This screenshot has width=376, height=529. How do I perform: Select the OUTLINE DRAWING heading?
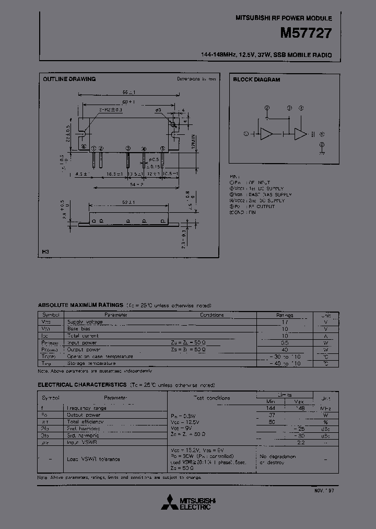pyautogui.click(x=69, y=79)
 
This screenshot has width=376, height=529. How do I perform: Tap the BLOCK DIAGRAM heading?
pyautogui.click(x=256, y=80)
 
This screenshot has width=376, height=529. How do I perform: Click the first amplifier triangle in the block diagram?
pyautogui.click(x=267, y=134)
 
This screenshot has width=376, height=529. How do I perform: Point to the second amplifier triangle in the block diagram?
pyautogui.click(x=300, y=134)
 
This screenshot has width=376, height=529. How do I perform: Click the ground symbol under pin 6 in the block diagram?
pyautogui.click(x=322, y=153)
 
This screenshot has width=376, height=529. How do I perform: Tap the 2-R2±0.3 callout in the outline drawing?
pyautogui.click(x=110, y=110)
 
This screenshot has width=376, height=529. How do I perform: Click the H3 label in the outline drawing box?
pyautogui.click(x=46, y=252)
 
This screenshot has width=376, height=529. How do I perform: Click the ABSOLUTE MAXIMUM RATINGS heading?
pyautogui.click(x=80, y=305)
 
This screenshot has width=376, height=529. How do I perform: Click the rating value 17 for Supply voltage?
pyautogui.click(x=285, y=322)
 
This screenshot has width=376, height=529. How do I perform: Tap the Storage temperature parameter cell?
pyautogui.click(x=92, y=363)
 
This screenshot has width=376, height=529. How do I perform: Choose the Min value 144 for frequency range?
pyautogui.click(x=271, y=408)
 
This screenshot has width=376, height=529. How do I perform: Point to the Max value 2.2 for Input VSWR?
pyautogui.click(x=300, y=442)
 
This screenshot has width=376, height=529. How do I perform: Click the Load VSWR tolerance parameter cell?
pyautogui.click(x=93, y=459)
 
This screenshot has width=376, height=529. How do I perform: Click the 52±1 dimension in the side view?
pyautogui.click(x=128, y=202)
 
